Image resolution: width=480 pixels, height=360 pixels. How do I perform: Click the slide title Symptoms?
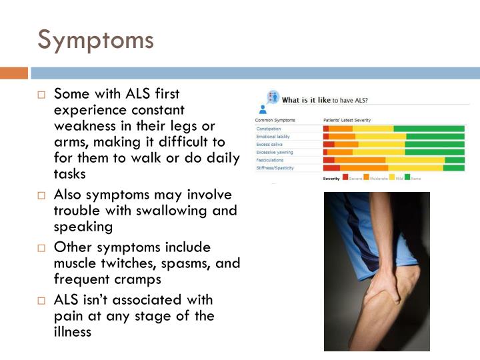coord(95,40)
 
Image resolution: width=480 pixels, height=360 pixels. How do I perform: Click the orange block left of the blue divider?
coord(13,73)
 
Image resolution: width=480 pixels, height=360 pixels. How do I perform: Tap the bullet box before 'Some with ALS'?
coord(41,95)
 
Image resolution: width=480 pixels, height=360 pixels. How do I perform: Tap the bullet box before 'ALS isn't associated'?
coord(41,301)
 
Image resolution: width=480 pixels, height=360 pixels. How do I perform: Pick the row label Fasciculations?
coord(270,160)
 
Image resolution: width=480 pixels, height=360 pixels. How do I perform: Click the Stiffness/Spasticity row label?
coord(274,168)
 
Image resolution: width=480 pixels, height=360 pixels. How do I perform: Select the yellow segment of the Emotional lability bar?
coord(381,137)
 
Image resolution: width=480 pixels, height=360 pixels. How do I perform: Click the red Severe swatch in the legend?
coord(345,178)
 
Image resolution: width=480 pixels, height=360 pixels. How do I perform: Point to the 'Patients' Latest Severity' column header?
coord(346,120)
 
